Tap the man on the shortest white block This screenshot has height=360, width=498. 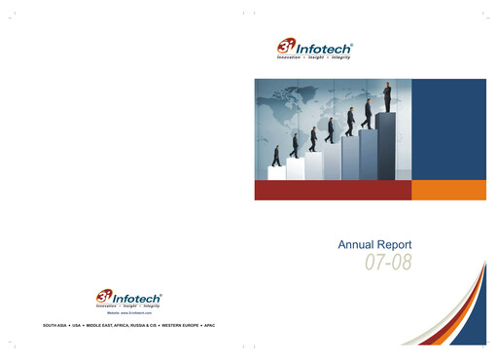(x=276, y=156)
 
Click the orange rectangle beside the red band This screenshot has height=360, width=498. (x=448, y=191)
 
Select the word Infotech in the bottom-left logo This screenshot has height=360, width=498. (x=139, y=296)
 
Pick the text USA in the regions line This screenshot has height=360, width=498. (x=81, y=321)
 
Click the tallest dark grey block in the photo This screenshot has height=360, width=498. (x=386, y=146)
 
